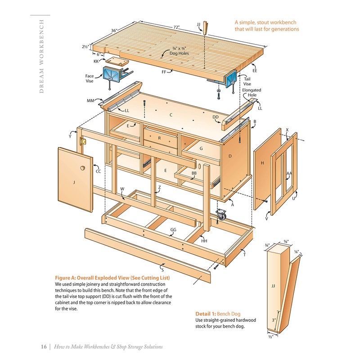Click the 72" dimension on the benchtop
click(x=176, y=27)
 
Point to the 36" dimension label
click(x=114, y=31)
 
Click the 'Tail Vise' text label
click(x=247, y=81)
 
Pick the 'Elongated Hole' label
click(x=252, y=93)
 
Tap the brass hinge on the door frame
click(x=82, y=141)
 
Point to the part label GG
click(x=173, y=229)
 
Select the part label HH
click(x=204, y=241)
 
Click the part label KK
click(x=96, y=61)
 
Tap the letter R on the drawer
click(x=159, y=138)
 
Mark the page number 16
click(x=44, y=346)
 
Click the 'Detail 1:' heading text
click(x=206, y=314)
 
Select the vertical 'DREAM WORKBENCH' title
click(x=41, y=56)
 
